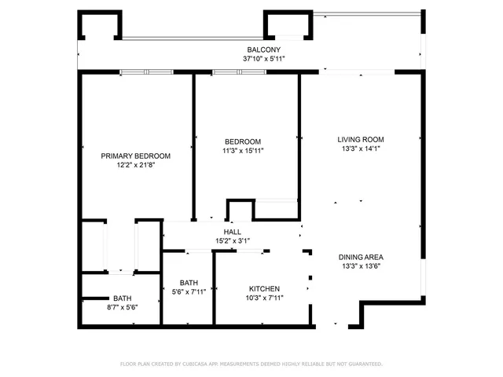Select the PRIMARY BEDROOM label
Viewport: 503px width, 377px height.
[x=135, y=156]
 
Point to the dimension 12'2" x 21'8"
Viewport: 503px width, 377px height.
[x=135, y=165]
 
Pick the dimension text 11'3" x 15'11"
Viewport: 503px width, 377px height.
[x=247, y=151]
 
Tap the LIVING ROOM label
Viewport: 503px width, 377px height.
[x=361, y=139]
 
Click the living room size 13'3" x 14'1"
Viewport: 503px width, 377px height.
[x=361, y=148]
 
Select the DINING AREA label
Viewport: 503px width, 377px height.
[x=361, y=257]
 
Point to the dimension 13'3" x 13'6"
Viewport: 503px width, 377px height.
[x=361, y=266]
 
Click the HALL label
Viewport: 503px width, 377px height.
[x=233, y=232]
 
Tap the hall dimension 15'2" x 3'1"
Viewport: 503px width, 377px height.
[x=233, y=241]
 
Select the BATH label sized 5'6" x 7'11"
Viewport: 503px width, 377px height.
[x=189, y=283]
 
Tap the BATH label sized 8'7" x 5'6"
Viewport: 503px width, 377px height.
[x=122, y=298]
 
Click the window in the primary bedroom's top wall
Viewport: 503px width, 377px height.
[x=146, y=72]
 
